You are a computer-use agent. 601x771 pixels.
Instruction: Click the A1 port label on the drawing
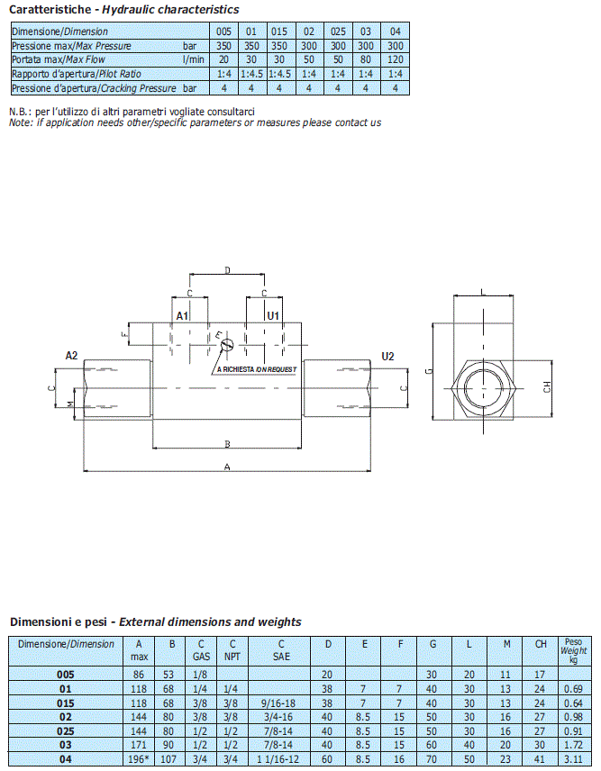point(182,315)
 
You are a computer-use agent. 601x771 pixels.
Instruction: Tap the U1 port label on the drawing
point(273,315)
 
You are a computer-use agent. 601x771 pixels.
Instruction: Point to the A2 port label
point(71,356)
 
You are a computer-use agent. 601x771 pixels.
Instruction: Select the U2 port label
point(387,357)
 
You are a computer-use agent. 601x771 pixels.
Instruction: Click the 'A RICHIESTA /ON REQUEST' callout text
point(257,369)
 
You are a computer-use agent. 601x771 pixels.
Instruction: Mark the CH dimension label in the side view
point(547,387)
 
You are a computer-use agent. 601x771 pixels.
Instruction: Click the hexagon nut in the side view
point(484,388)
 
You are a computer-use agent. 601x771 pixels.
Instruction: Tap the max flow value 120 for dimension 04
point(396,60)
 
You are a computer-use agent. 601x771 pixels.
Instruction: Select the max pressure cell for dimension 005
point(223,46)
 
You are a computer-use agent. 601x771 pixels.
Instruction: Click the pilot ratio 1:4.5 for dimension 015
point(279,74)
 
